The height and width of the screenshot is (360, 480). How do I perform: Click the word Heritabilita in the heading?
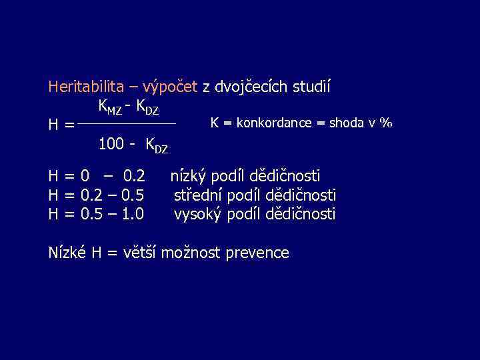pos(86,87)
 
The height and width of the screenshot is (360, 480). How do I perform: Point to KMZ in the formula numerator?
pos(110,107)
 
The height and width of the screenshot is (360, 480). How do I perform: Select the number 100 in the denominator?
pos(111,143)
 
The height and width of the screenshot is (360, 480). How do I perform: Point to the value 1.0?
pos(133,214)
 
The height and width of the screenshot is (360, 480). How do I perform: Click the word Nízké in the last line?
pos(68,253)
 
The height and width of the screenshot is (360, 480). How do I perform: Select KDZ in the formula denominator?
pos(157,144)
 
